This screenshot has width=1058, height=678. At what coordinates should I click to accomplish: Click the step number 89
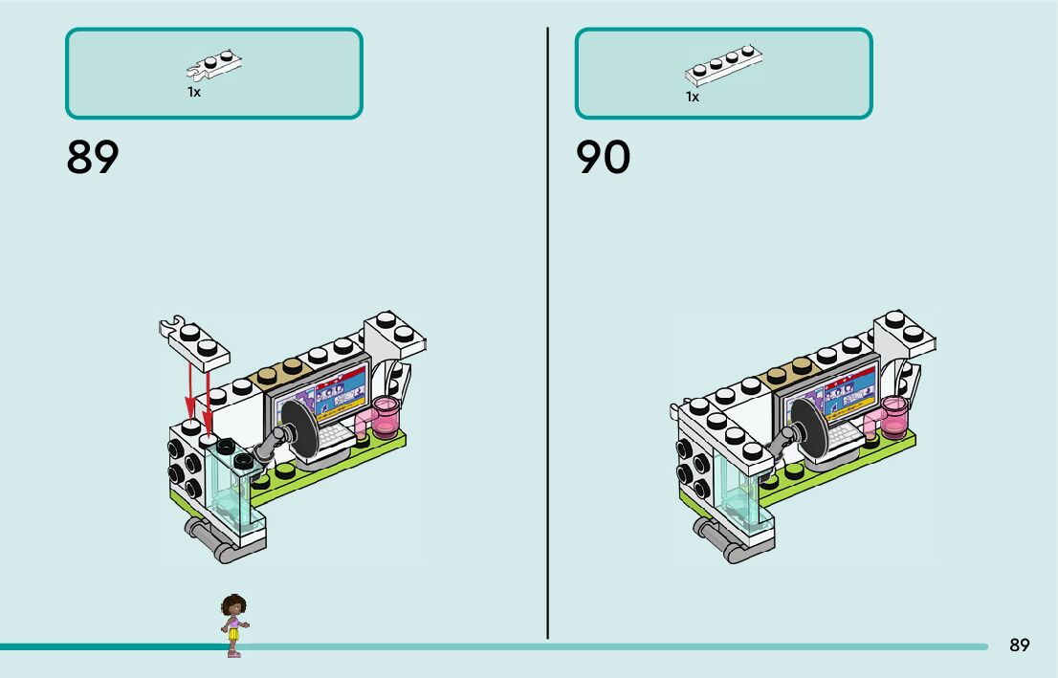pos(93,158)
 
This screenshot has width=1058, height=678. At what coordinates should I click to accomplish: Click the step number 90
pos(603,158)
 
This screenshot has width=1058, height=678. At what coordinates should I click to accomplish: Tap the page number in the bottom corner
pos(1019,645)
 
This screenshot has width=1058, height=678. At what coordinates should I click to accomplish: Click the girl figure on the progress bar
pos(233,624)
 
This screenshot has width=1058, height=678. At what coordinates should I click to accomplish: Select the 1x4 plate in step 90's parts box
pos(724,67)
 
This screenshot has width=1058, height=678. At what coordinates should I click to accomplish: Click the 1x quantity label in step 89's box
pos(194,93)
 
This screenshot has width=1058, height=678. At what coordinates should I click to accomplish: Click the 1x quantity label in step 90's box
pos(692,97)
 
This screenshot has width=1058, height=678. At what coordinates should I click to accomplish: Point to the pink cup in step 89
pos(388,416)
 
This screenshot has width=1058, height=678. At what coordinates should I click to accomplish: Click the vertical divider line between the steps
pos(547,335)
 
